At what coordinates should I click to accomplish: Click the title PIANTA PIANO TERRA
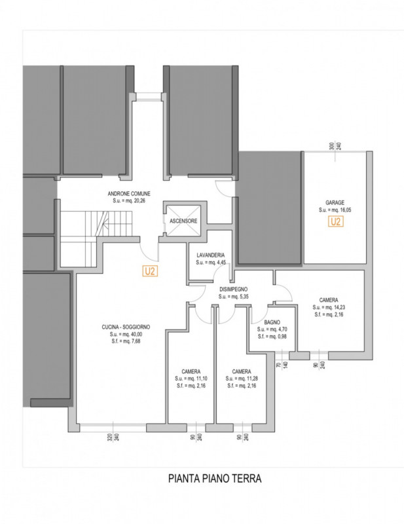215,478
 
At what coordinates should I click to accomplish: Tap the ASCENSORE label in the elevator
183,221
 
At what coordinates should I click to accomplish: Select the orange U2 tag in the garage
336,221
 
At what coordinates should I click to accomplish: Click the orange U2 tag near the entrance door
151,271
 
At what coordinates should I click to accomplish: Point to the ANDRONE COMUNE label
129,193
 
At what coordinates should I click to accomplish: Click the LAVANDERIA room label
211,255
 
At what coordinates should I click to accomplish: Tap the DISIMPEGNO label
234,290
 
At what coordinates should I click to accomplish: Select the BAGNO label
272,322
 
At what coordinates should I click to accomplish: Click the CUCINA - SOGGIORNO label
126,327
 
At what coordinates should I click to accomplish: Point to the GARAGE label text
335,202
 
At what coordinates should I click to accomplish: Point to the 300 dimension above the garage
332,146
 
